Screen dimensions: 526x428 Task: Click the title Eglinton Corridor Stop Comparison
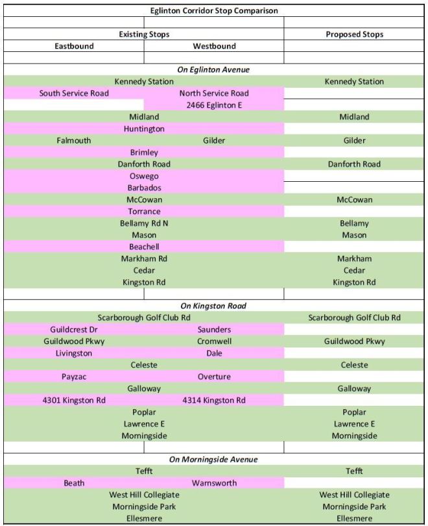[213, 10]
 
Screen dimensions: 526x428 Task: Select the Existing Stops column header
[144, 34]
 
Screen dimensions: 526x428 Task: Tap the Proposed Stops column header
[354, 34]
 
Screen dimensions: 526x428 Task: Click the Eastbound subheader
[73, 46]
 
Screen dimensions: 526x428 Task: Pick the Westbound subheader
[214, 46]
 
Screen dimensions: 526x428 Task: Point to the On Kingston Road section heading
[213, 306]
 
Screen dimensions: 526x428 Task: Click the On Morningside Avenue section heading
[213, 459]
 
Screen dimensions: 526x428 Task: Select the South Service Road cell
[74, 94]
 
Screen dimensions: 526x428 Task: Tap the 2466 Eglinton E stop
[214, 105]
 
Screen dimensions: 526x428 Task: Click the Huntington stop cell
[144, 129]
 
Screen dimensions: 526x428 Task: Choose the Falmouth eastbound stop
[74, 140]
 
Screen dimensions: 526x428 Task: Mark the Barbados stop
[144, 188]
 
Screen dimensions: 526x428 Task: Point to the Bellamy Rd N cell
[144, 223]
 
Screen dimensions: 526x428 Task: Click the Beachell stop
[144, 247]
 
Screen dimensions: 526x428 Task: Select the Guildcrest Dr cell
[74, 329]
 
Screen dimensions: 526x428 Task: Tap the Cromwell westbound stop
[214, 341]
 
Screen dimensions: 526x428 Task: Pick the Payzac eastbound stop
[74, 377]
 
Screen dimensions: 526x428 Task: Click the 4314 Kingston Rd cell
[214, 400]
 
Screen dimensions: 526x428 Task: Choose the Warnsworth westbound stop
[214, 483]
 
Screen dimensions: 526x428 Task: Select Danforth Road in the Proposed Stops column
[354, 164]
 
